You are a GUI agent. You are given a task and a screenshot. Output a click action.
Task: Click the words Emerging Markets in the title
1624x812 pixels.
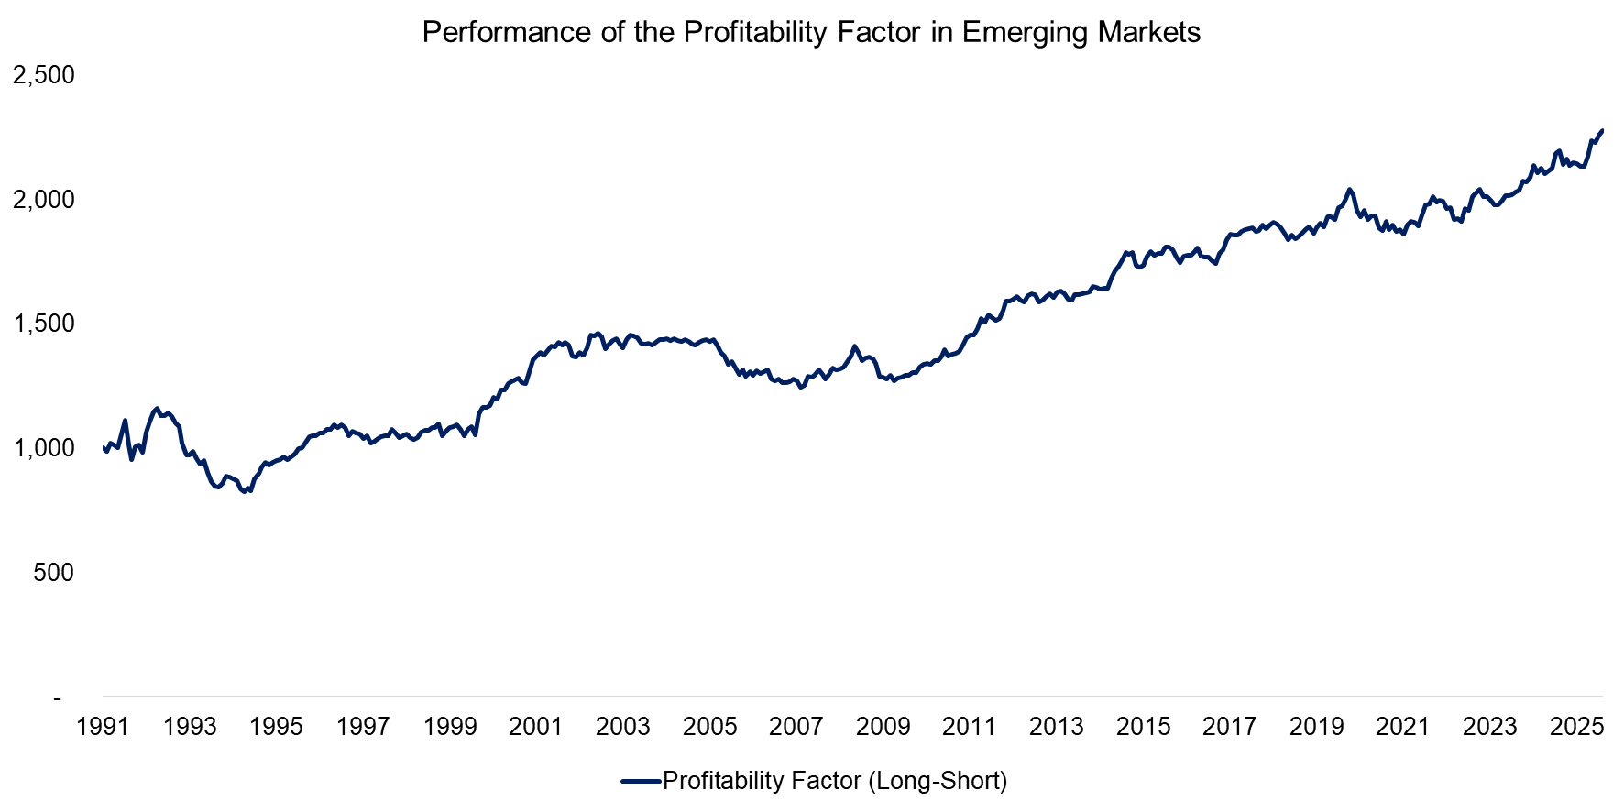[1081, 33]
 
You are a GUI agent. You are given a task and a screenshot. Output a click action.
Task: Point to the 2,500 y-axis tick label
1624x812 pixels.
[43, 75]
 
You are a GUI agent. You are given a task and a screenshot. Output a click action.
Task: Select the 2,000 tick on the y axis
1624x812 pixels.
[43, 200]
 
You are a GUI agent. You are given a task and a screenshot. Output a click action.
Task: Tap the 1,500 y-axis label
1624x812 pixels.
[43, 324]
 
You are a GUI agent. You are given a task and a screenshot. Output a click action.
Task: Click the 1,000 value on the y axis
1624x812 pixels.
[43, 448]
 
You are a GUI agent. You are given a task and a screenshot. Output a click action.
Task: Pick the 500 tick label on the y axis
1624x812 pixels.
[53, 573]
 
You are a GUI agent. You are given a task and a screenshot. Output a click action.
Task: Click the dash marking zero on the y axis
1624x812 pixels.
[58, 698]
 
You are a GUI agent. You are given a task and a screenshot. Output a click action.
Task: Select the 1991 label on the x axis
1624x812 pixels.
[103, 727]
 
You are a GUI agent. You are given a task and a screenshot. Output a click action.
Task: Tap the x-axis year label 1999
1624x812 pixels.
[450, 727]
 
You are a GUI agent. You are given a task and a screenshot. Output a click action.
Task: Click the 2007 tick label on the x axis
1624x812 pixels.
[796, 727]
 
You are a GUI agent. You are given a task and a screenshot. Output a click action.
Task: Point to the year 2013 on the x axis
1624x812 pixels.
[1057, 727]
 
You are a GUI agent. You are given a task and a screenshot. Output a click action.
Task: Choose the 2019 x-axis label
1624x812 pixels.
[1316, 727]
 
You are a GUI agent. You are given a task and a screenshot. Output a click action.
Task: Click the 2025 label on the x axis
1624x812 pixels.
[1576, 727]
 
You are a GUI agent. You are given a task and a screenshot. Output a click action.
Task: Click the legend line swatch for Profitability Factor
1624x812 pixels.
[641, 781]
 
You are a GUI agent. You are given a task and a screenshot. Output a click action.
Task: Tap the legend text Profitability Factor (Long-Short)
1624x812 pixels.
[835, 781]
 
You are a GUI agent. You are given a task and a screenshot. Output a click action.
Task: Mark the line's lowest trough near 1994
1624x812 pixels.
[244, 492]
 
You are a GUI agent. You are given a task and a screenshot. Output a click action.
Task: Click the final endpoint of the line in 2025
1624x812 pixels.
[1601, 131]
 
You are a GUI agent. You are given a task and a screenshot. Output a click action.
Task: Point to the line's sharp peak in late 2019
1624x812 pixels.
[1348, 190]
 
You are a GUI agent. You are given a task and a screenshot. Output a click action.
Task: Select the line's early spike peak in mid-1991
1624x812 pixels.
[125, 421]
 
